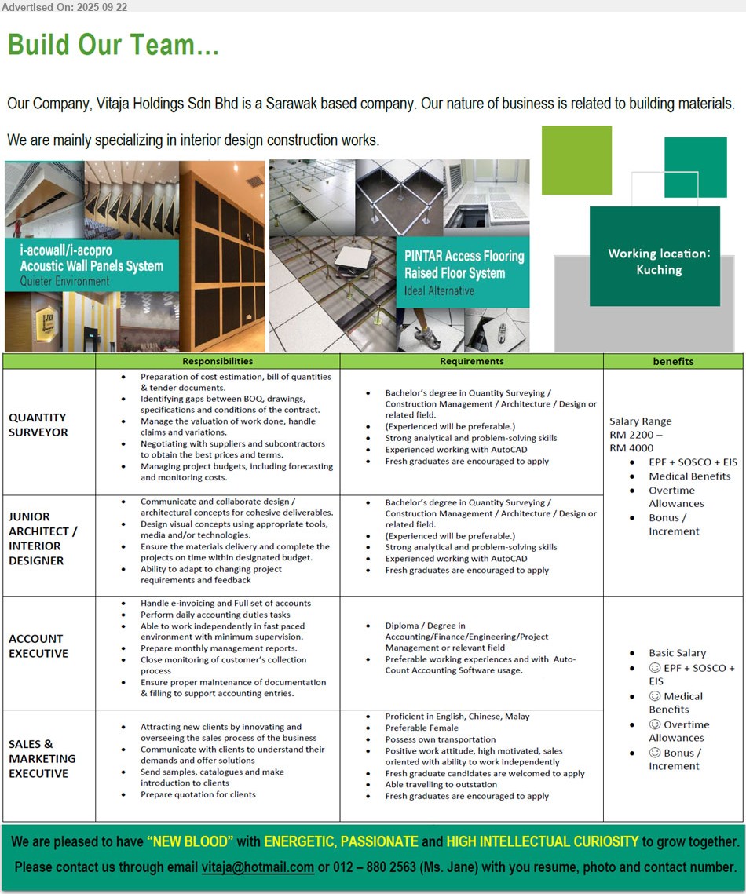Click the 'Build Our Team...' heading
tap(113, 45)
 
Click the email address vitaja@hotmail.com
tap(258, 867)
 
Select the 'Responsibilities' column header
tap(218, 361)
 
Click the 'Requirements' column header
tap(471, 361)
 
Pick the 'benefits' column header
tap(673, 361)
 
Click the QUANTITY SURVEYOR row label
tap(38, 425)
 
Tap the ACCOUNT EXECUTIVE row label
tap(38, 646)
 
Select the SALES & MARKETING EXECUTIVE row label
tap(42, 758)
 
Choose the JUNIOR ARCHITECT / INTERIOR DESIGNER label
tap(42, 538)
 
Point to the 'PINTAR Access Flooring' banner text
tap(464, 256)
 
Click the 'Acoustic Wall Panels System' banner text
tap(91, 266)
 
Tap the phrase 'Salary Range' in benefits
tap(640, 421)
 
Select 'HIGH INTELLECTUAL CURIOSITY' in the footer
tap(542, 842)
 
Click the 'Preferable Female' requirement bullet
tap(422, 728)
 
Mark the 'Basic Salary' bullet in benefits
tap(677, 653)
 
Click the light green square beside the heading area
tap(576, 160)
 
